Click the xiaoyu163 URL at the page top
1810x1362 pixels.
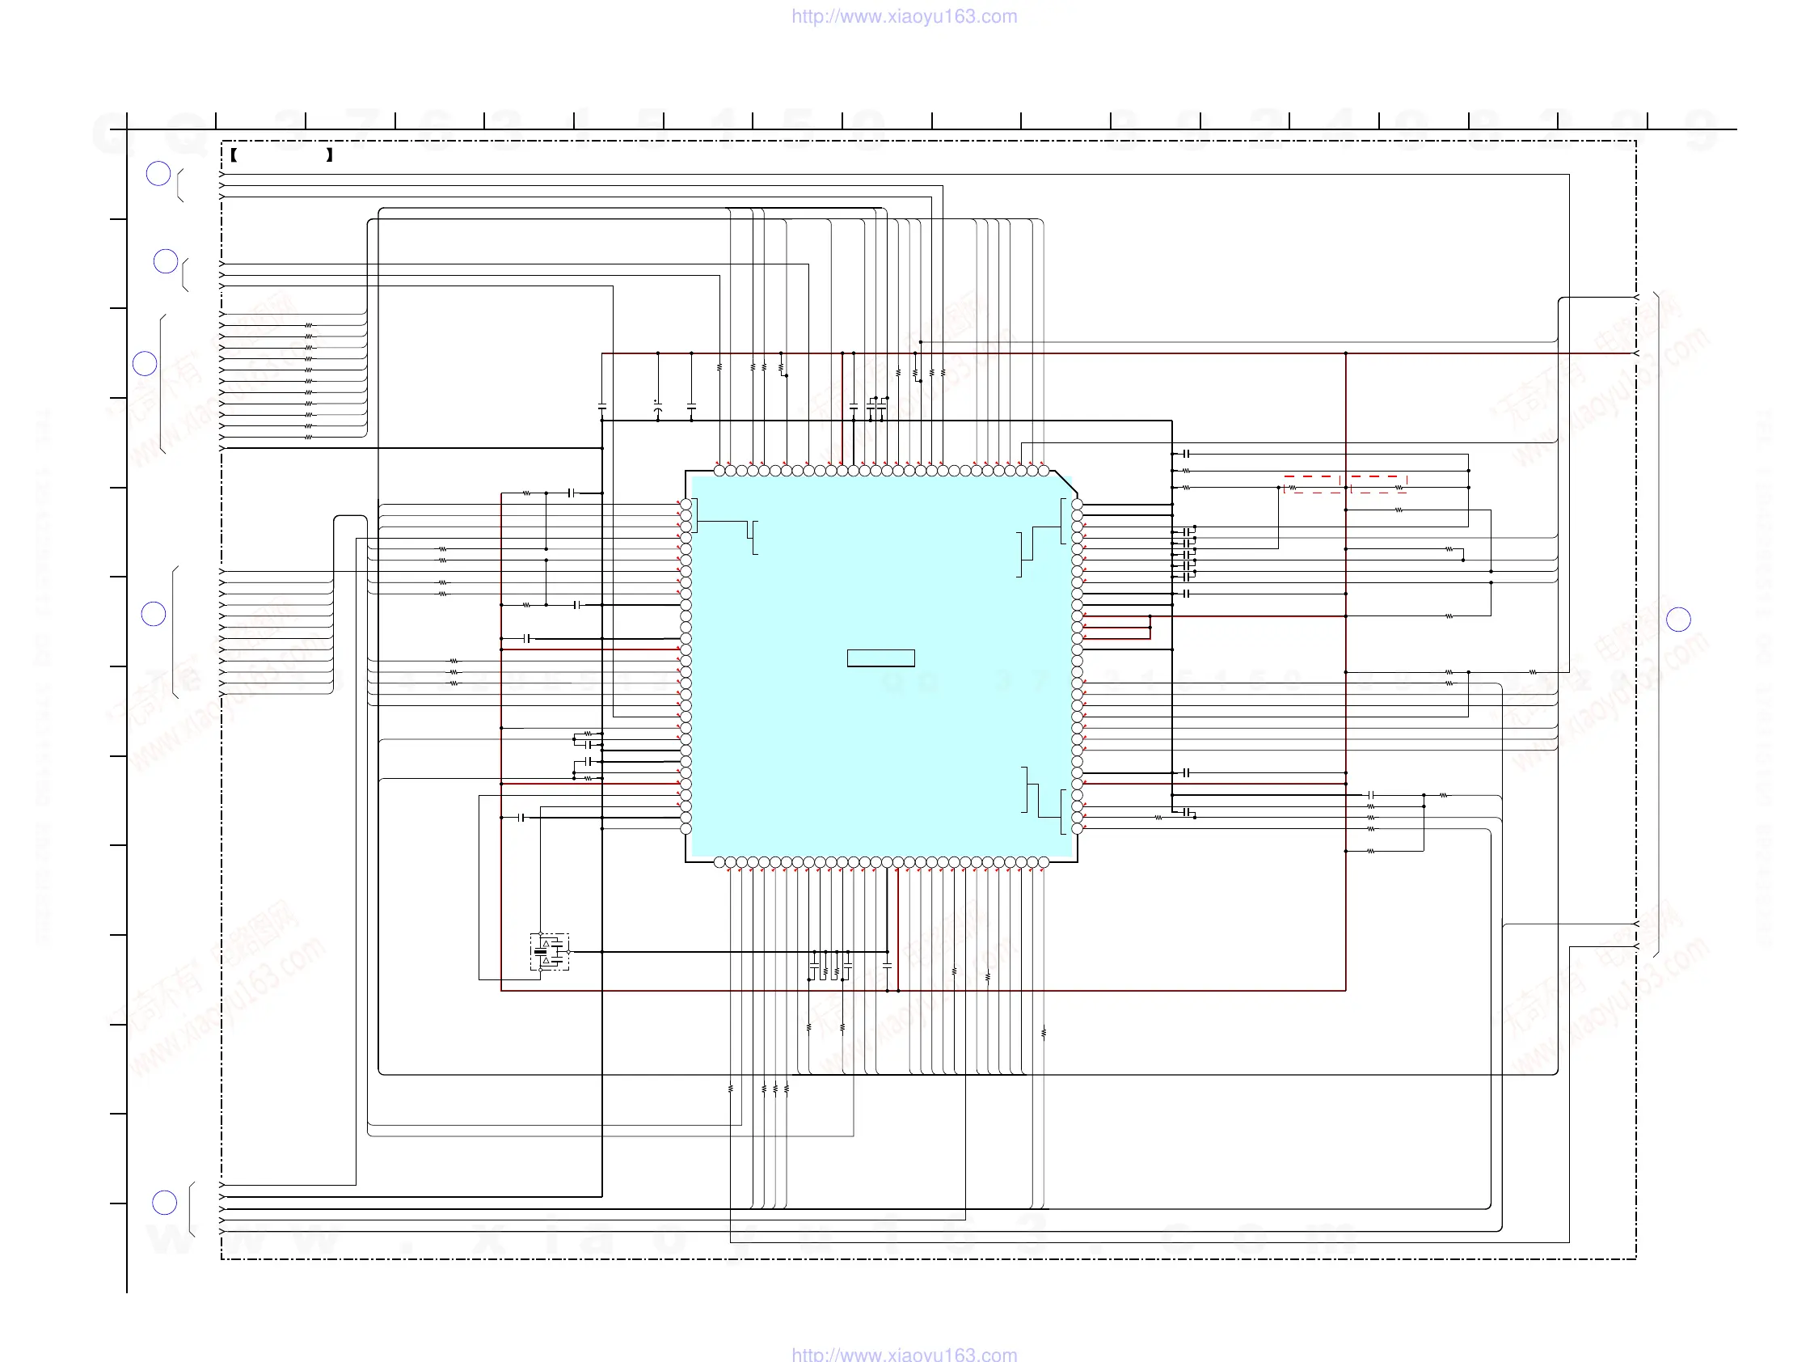pos(904,16)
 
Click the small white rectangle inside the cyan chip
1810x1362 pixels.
pos(880,658)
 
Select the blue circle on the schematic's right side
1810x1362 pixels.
pos(1678,620)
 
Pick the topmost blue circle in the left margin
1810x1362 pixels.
pos(158,174)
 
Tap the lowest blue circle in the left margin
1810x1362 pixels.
pos(164,1203)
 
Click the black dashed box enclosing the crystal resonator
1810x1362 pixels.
pos(550,952)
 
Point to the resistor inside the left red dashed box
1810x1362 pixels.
pos(1293,488)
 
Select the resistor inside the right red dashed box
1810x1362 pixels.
pos(1399,488)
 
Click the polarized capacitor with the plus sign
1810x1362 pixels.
pos(658,407)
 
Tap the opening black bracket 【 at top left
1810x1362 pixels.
pos(234,154)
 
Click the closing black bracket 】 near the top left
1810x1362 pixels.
pos(329,154)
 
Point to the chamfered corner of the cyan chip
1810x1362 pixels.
pos(1065,482)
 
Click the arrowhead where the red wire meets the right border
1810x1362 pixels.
pos(1635,353)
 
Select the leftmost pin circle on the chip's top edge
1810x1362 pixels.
pos(719,471)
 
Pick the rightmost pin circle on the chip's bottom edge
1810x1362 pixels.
pos(1044,862)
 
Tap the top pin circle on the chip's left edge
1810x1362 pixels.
pos(686,504)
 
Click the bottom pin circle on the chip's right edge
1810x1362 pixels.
pos(1077,828)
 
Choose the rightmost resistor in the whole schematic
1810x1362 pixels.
pos(1533,672)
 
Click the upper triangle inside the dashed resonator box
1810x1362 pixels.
pos(546,945)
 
